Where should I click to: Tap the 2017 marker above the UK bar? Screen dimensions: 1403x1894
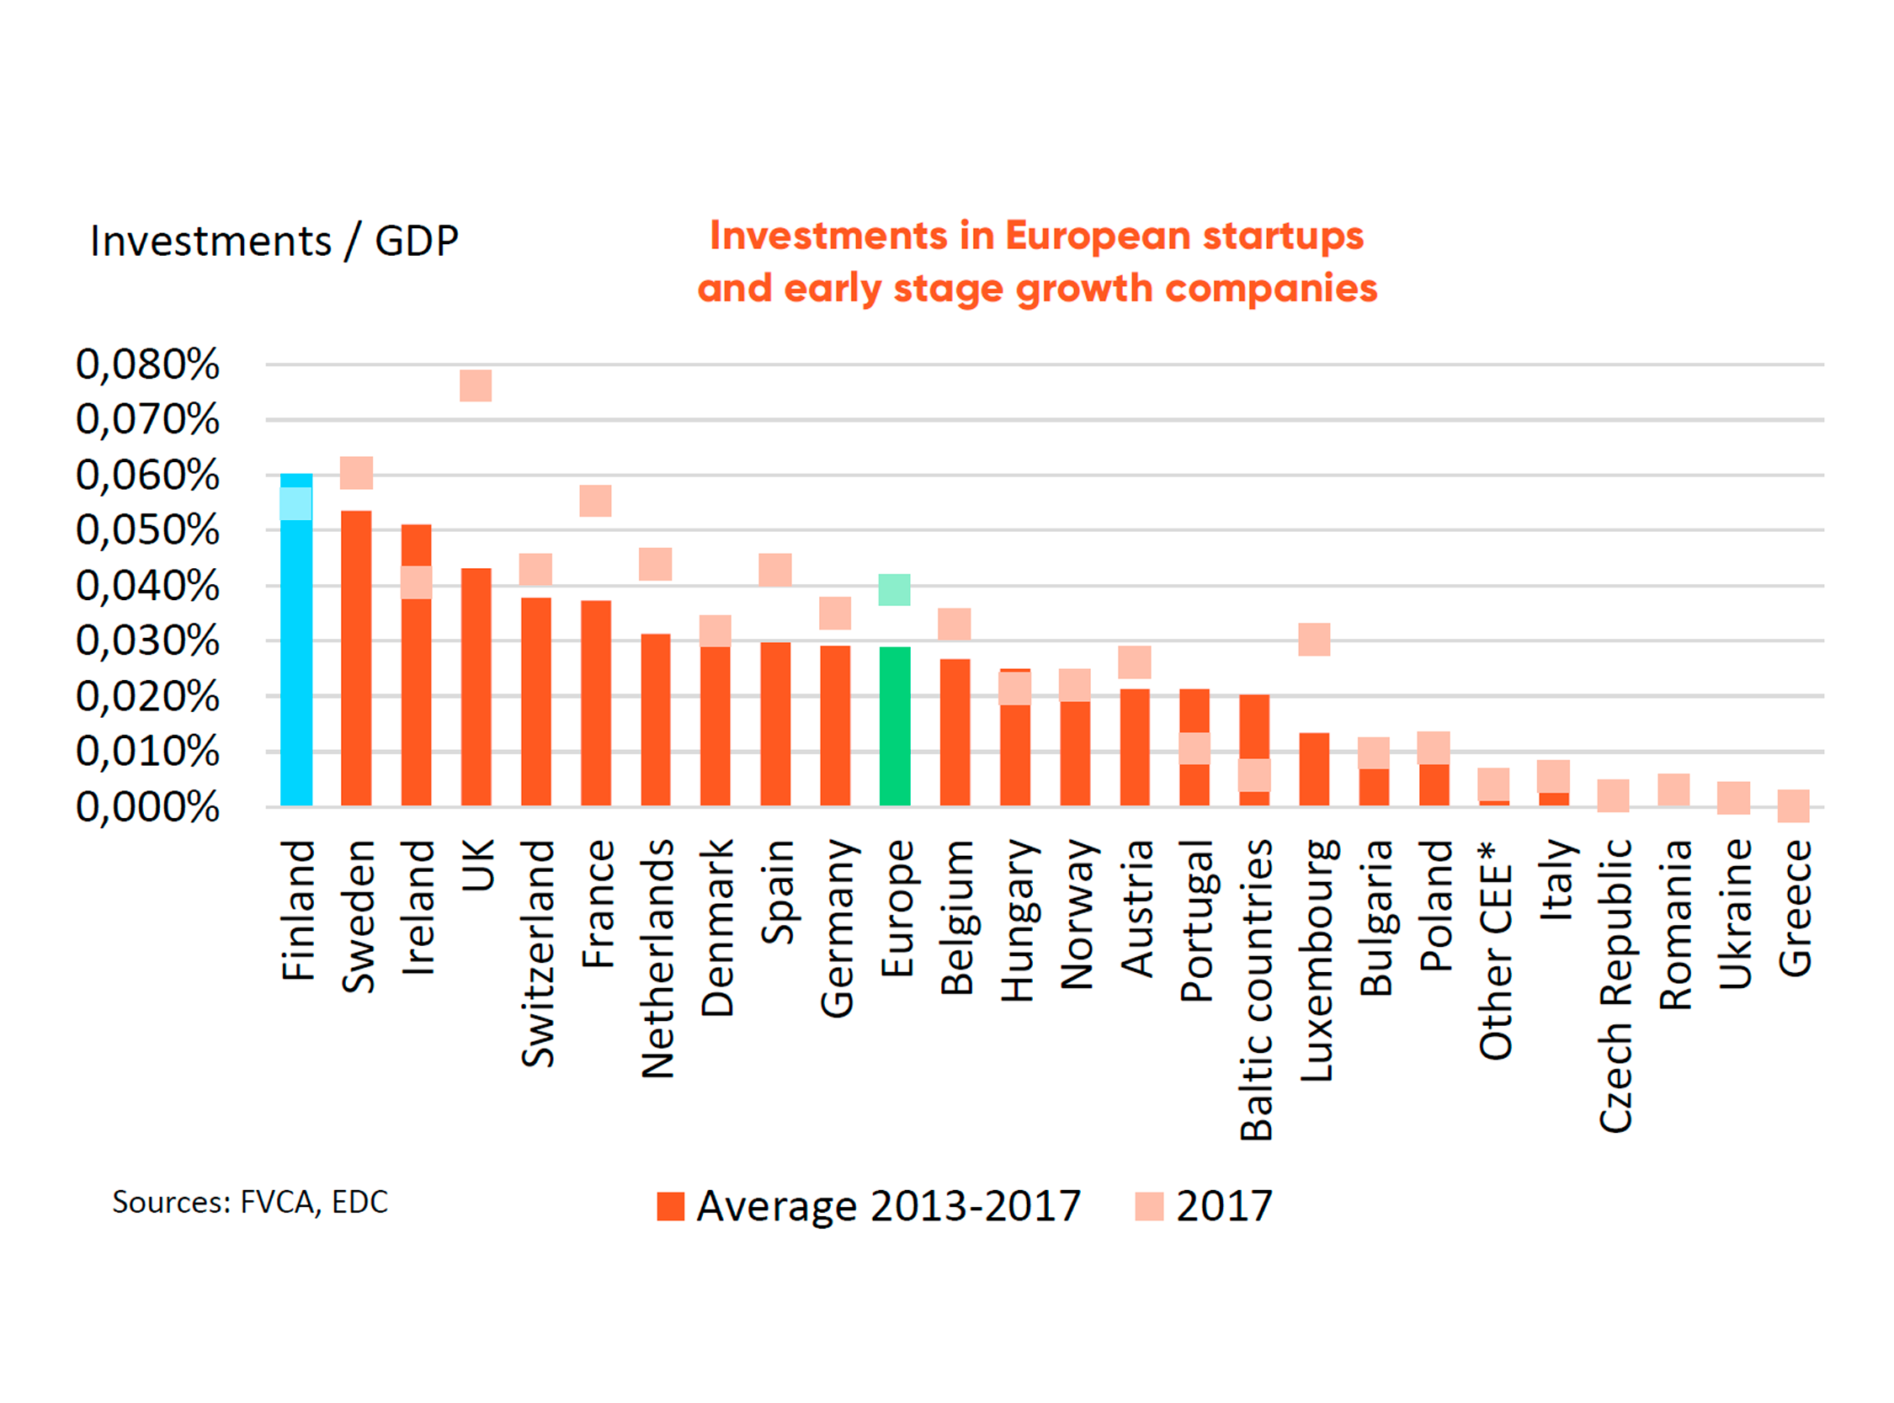pyautogui.click(x=476, y=385)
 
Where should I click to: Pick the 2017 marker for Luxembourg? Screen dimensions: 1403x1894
pyautogui.click(x=1314, y=640)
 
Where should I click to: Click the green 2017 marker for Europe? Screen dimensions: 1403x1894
pyautogui.click(x=894, y=589)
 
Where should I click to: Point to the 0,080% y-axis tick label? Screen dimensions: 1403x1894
pyautogui.click(x=148, y=364)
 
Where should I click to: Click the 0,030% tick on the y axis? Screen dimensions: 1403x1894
pyautogui.click(x=148, y=640)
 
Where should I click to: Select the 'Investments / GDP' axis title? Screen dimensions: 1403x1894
pyautogui.click(x=274, y=242)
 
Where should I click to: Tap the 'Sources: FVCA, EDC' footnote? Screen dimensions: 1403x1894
pyautogui.click(x=250, y=1202)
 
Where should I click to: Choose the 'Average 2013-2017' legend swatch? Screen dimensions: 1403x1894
pyautogui.click(x=670, y=1206)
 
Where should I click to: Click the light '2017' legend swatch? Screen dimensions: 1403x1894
pyautogui.click(x=1149, y=1206)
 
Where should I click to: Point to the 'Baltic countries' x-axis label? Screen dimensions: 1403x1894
pyautogui.click(x=1256, y=990)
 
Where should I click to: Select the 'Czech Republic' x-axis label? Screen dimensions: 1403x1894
pyautogui.click(x=1615, y=986)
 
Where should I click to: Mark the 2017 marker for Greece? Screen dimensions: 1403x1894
pyautogui.click(x=1793, y=805)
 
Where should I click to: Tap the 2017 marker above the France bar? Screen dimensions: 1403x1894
pyautogui.click(x=595, y=501)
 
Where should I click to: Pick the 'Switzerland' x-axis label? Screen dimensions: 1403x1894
pyautogui.click(x=537, y=953)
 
